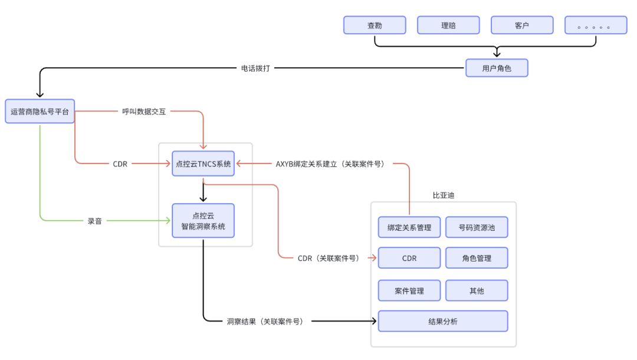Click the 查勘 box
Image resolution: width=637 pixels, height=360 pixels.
coord(375,25)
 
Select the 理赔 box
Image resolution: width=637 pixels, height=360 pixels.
coord(448,25)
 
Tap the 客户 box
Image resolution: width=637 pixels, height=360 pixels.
coord(522,25)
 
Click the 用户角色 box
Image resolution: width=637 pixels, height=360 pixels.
coord(497,68)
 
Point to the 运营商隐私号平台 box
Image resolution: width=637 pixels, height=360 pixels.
coord(40,111)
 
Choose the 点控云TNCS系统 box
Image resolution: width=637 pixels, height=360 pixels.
coord(203,163)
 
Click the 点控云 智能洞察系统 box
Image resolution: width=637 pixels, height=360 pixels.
coord(203,221)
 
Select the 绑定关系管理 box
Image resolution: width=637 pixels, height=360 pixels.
coord(409,227)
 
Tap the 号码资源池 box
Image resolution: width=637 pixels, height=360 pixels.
coord(477,227)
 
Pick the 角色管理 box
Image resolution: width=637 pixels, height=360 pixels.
coord(477,258)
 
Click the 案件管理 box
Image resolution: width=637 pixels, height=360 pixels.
coord(409,290)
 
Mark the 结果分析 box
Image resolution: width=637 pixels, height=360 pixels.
coord(443,321)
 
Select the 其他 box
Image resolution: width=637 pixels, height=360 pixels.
coord(477,290)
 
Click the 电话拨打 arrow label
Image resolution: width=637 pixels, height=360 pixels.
coord(255,68)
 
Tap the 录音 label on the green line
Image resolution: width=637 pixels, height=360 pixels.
coord(95,221)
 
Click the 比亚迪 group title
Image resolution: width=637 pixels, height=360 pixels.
coord(444,195)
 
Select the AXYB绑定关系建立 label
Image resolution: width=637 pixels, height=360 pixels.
coord(330,163)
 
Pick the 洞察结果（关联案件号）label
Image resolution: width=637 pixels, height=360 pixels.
coord(265,321)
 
